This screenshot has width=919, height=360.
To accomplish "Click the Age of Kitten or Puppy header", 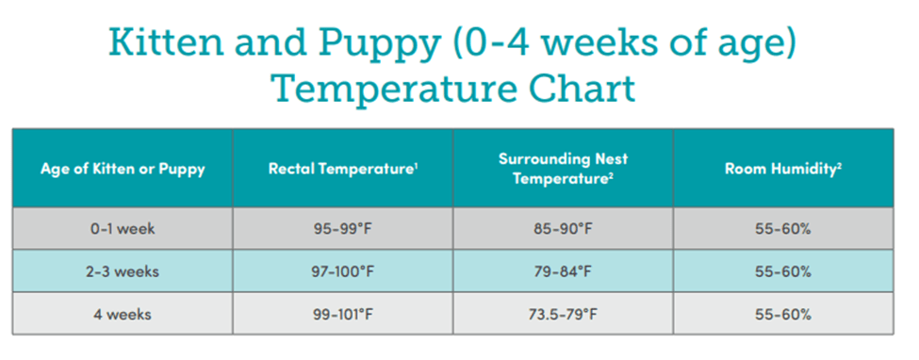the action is point(123,170).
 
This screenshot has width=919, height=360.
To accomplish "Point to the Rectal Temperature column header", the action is point(342,169).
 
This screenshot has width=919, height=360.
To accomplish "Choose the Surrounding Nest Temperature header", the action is point(564,169).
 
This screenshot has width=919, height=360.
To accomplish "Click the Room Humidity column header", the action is point(783,169).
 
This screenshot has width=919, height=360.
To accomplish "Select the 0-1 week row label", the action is point(123,229).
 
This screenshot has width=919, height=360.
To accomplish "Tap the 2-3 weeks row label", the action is point(123,272).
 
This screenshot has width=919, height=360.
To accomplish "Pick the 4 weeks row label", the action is point(123,314).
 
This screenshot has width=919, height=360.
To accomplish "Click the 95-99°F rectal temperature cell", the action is point(343,229).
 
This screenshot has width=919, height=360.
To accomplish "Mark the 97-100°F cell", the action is point(343,272).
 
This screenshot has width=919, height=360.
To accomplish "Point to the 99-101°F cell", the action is point(343,315).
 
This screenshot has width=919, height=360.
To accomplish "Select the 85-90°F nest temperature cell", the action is point(564,229).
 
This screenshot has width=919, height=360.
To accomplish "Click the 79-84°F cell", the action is point(564,272).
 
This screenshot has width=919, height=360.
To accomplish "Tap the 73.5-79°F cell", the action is point(564,315).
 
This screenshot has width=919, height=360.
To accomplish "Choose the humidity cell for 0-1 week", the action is point(783,229).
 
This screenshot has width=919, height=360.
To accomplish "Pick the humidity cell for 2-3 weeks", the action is point(783,272).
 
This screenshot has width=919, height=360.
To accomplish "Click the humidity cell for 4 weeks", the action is point(783,315).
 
